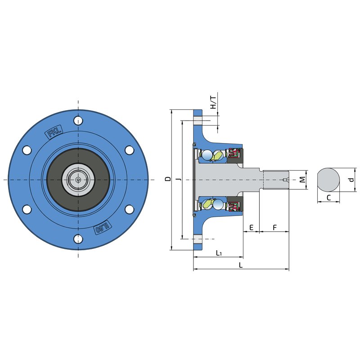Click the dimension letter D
click(167, 179)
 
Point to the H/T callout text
click(213, 103)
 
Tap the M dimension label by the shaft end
click(303, 180)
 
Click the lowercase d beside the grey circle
click(352, 180)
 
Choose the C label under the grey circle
click(328, 197)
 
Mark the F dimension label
click(274, 227)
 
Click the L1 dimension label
click(219, 253)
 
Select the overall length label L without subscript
click(241, 265)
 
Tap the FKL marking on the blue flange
click(54, 133)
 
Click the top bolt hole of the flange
click(79, 120)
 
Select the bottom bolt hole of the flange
click(79, 238)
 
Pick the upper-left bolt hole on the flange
click(27, 150)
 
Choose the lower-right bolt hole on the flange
click(130, 209)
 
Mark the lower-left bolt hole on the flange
click(27, 209)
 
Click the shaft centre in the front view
click(79, 180)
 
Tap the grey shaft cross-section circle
click(328, 180)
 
